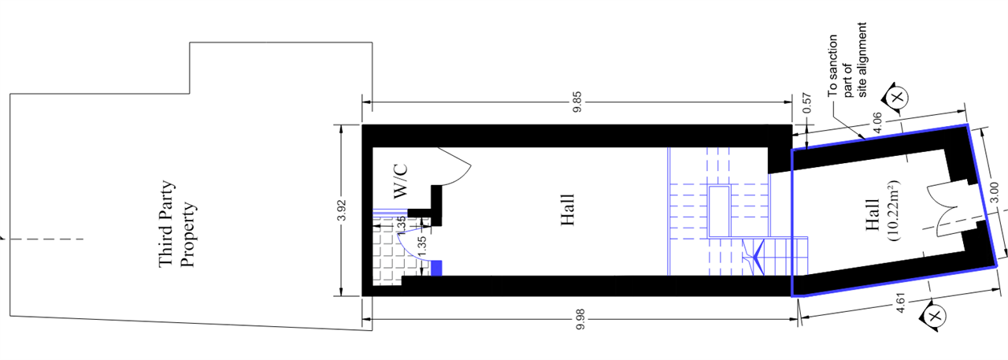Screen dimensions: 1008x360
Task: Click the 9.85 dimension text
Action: point(578,102)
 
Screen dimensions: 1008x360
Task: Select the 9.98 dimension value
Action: point(580,319)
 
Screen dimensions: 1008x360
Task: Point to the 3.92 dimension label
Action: point(343,210)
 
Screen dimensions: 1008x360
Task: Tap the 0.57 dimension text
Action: point(807,103)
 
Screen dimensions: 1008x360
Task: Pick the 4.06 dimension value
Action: point(878,123)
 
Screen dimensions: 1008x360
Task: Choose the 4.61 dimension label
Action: point(900,302)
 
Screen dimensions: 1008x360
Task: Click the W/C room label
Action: point(400,181)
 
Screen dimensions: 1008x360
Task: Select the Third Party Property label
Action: point(176,224)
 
